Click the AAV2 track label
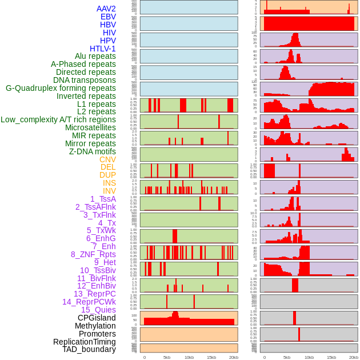(106, 9)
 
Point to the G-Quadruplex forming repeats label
(61, 88)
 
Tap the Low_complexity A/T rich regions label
(58, 119)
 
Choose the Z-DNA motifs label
(93, 151)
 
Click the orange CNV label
(107, 159)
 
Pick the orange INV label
(109, 191)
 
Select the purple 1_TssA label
(103, 199)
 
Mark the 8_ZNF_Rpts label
(93, 254)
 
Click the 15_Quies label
(98, 310)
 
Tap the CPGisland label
(97, 318)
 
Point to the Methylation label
(95, 326)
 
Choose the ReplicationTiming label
(85, 342)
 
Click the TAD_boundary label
(89, 349)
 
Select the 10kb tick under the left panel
(189, 357)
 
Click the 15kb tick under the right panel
(331, 357)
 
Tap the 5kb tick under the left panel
(167, 357)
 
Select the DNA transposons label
(85, 80)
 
